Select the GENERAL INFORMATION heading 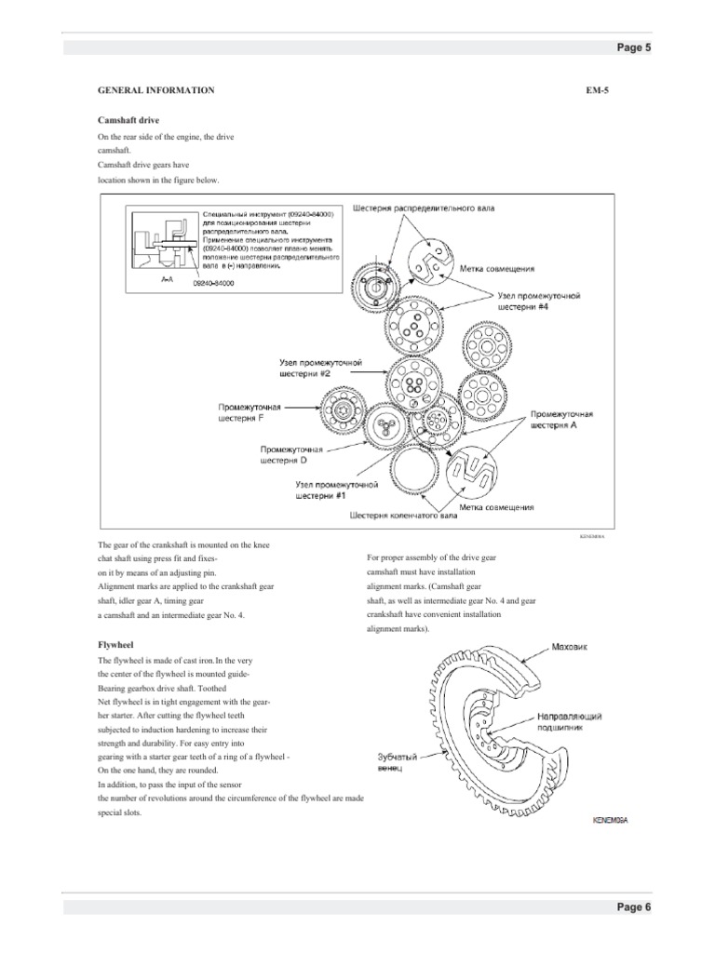pyautogui.click(x=156, y=90)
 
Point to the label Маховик pyautogui.click(x=570, y=645)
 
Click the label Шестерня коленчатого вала pyautogui.click(x=403, y=514)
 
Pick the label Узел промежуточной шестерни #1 pyautogui.click(x=334, y=490)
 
